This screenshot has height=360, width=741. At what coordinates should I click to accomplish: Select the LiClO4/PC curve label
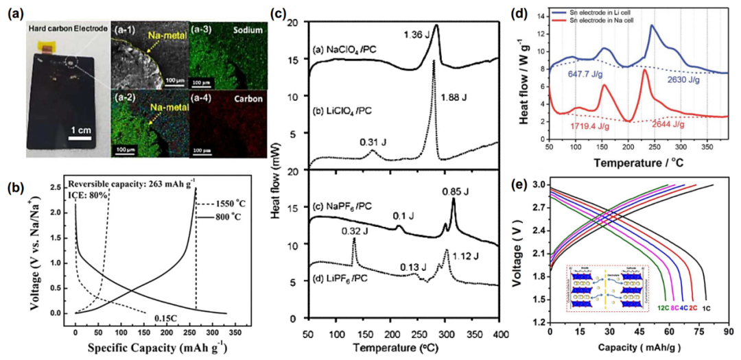[x=343, y=110]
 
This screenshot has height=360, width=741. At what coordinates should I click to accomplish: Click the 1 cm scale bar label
[x=80, y=130]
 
